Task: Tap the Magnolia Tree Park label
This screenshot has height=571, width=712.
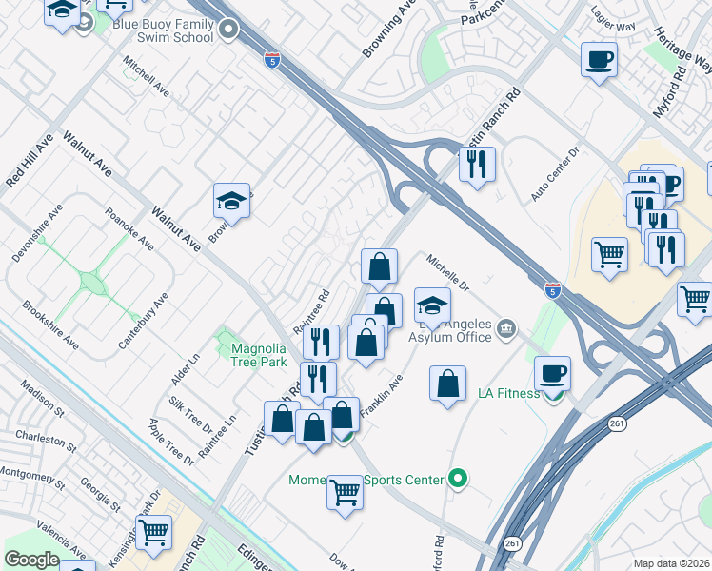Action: [x=259, y=355]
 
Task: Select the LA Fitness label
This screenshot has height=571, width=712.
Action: [x=507, y=393]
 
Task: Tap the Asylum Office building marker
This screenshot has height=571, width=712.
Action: [x=506, y=329]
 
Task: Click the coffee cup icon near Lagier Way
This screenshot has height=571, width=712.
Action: [x=599, y=60]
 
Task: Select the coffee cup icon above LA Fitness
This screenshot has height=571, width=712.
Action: [x=552, y=372]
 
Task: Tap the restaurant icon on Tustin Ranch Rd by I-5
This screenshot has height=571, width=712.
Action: [x=477, y=164]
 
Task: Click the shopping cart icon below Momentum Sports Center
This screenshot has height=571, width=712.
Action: [x=345, y=492]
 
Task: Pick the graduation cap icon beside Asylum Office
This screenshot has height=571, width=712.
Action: [x=432, y=305]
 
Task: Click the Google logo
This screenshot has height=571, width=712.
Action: [x=30, y=560]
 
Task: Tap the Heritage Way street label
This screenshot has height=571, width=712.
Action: [x=682, y=49]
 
